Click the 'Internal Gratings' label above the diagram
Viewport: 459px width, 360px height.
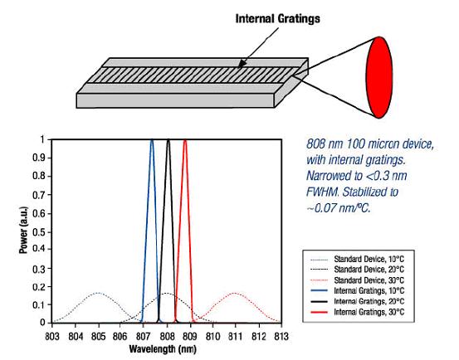point(277,19)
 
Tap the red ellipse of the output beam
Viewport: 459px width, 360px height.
point(379,77)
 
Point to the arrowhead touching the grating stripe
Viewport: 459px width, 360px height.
point(242,64)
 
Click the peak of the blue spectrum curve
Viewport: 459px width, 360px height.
point(152,140)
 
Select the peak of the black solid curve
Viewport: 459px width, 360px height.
point(168,140)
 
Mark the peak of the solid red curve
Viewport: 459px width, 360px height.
point(185,140)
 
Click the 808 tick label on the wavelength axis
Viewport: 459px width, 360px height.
point(167,337)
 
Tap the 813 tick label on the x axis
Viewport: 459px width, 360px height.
point(281,337)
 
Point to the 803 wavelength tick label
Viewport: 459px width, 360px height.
point(52,337)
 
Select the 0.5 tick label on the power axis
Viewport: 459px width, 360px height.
point(40,232)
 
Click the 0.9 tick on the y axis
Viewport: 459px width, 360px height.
point(40,158)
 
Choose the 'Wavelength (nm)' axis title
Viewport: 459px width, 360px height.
point(163,349)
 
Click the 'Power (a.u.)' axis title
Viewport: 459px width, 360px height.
point(23,230)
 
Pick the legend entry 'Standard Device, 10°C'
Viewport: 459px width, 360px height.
point(369,259)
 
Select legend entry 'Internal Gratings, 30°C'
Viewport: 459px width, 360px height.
point(369,312)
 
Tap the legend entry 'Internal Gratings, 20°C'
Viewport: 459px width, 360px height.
point(369,301)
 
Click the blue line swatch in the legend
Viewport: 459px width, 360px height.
point(319,291)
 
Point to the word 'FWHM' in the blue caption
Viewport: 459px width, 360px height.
point(322,192)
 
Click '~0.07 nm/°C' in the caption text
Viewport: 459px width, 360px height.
point(338,208)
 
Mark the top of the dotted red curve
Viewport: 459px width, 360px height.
point(235,293)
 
